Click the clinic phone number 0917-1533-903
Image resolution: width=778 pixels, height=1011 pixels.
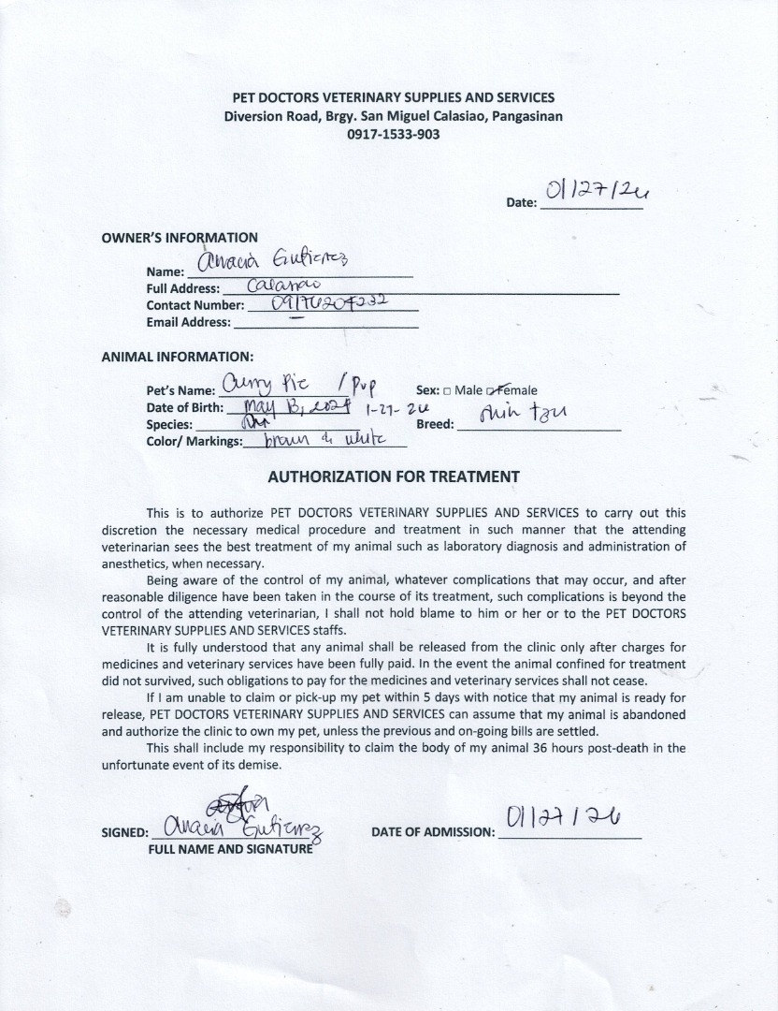(393, 134)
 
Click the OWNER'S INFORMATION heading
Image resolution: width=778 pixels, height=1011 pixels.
(180, 238)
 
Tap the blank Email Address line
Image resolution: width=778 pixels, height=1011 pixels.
(324, 324)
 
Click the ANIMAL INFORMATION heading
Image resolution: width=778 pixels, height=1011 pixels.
(177, 357)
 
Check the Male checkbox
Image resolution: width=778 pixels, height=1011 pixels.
(447, 391)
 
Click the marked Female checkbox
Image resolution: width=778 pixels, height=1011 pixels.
(501, 391)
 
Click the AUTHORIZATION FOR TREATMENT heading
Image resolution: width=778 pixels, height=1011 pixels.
(393, 476)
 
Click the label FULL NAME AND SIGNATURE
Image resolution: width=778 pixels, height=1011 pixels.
(230, 850)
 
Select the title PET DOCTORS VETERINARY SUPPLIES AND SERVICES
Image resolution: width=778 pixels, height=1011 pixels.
(393, 98)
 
